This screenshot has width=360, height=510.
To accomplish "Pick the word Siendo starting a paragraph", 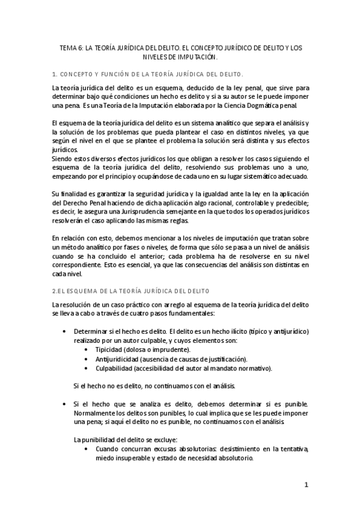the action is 63,158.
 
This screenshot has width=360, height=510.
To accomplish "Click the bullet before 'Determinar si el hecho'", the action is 64,331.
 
